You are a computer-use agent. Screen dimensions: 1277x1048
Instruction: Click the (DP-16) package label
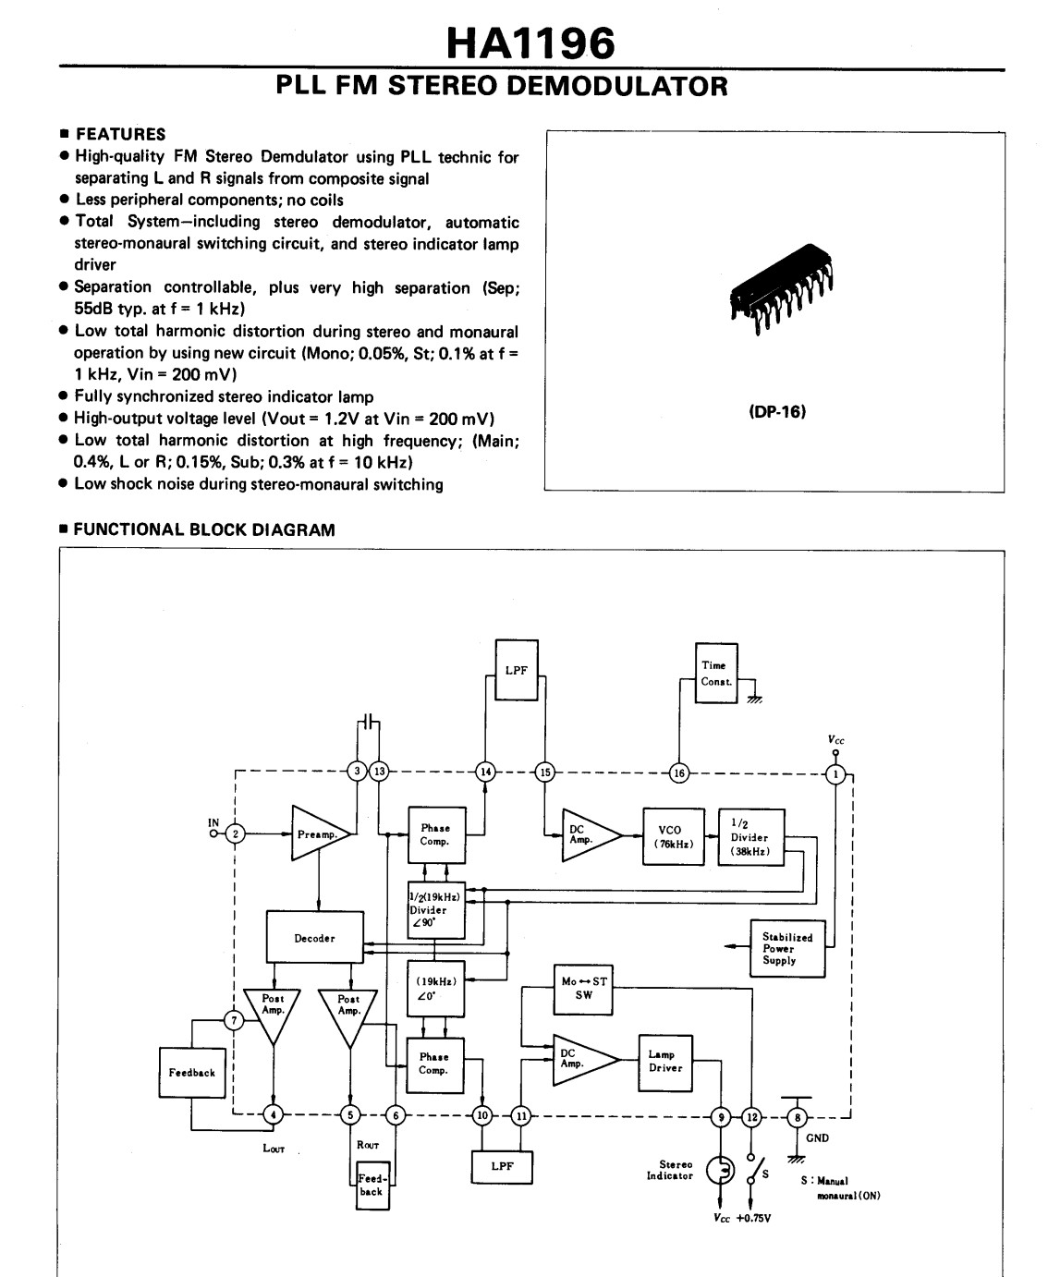[x=776, y=412]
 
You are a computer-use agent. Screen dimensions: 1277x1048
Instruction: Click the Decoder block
[x=314, y=938]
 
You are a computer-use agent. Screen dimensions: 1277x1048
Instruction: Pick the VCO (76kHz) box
[x=673, y=836]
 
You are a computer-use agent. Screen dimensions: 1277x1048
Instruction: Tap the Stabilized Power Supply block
[x=786, y=948]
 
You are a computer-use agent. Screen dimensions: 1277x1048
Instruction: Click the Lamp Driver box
[x=665, y=1062]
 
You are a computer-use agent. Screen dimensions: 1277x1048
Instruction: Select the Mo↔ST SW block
[x=582, y=988]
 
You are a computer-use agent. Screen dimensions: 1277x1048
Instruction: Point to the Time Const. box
[x=716, y=673]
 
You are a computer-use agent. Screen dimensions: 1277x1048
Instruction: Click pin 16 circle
[x=679, y=773]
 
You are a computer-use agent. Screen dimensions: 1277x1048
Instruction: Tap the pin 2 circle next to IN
[x=236, y=833]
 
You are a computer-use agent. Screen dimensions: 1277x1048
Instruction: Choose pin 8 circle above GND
[x=798, y=1117]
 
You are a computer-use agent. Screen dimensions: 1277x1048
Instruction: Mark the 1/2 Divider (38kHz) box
[x=750, y=837]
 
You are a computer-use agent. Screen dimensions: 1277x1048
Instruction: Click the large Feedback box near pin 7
[x=192, y=1073]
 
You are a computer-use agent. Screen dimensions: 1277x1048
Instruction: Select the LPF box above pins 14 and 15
[x=516, y=670]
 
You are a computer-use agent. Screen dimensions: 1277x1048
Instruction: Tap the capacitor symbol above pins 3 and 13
[x=369, y=721]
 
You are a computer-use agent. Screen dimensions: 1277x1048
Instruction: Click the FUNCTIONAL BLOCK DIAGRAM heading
[x=202, y=530]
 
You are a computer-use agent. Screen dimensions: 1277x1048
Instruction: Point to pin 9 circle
[x=720, y=1117]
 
